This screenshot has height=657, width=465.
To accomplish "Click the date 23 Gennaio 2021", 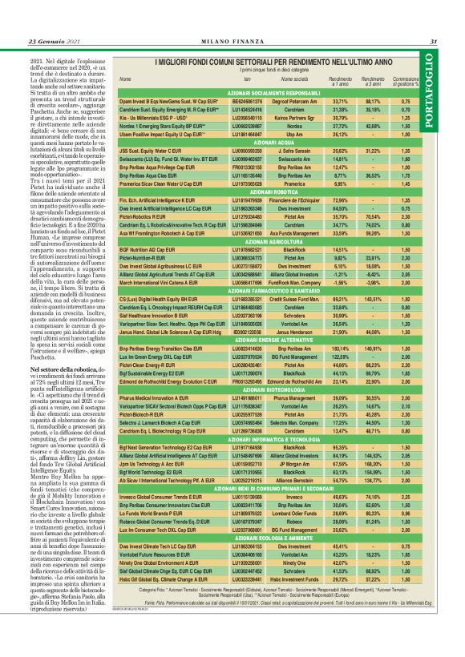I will (40, 42).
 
